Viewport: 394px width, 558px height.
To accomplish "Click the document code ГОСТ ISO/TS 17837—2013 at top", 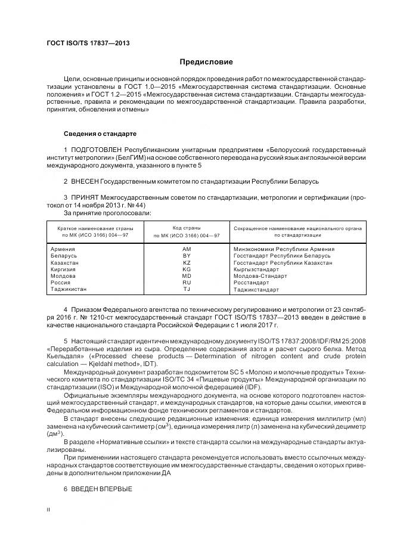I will pos(88,44).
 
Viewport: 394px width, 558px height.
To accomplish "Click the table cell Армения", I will pos(63,249).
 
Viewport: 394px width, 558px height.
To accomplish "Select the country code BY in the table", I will pos(187,256).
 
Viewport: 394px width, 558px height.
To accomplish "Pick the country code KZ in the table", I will pos(187,262).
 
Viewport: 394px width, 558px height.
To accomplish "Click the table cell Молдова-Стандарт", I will pos(260,276).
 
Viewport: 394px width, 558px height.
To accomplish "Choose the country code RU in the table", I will pos(187,283).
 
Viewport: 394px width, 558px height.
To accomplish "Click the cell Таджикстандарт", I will pos(257,290).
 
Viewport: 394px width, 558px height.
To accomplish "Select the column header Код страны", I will pos(187,228).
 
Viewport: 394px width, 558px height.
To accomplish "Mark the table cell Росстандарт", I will pos(252,283).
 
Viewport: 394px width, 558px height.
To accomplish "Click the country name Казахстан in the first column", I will pos(65,262).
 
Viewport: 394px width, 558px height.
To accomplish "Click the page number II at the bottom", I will pos(49,510).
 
